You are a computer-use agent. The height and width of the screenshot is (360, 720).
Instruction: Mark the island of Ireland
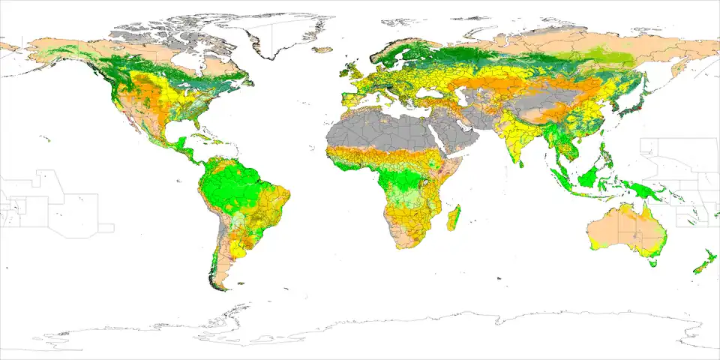pyautogui.click(x=343, y=73)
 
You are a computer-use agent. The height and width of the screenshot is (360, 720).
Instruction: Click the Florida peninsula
pyautogui.click(x=197, y=124)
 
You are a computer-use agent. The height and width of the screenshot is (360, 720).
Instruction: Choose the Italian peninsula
pyautogui.click(x=385, y=94)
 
